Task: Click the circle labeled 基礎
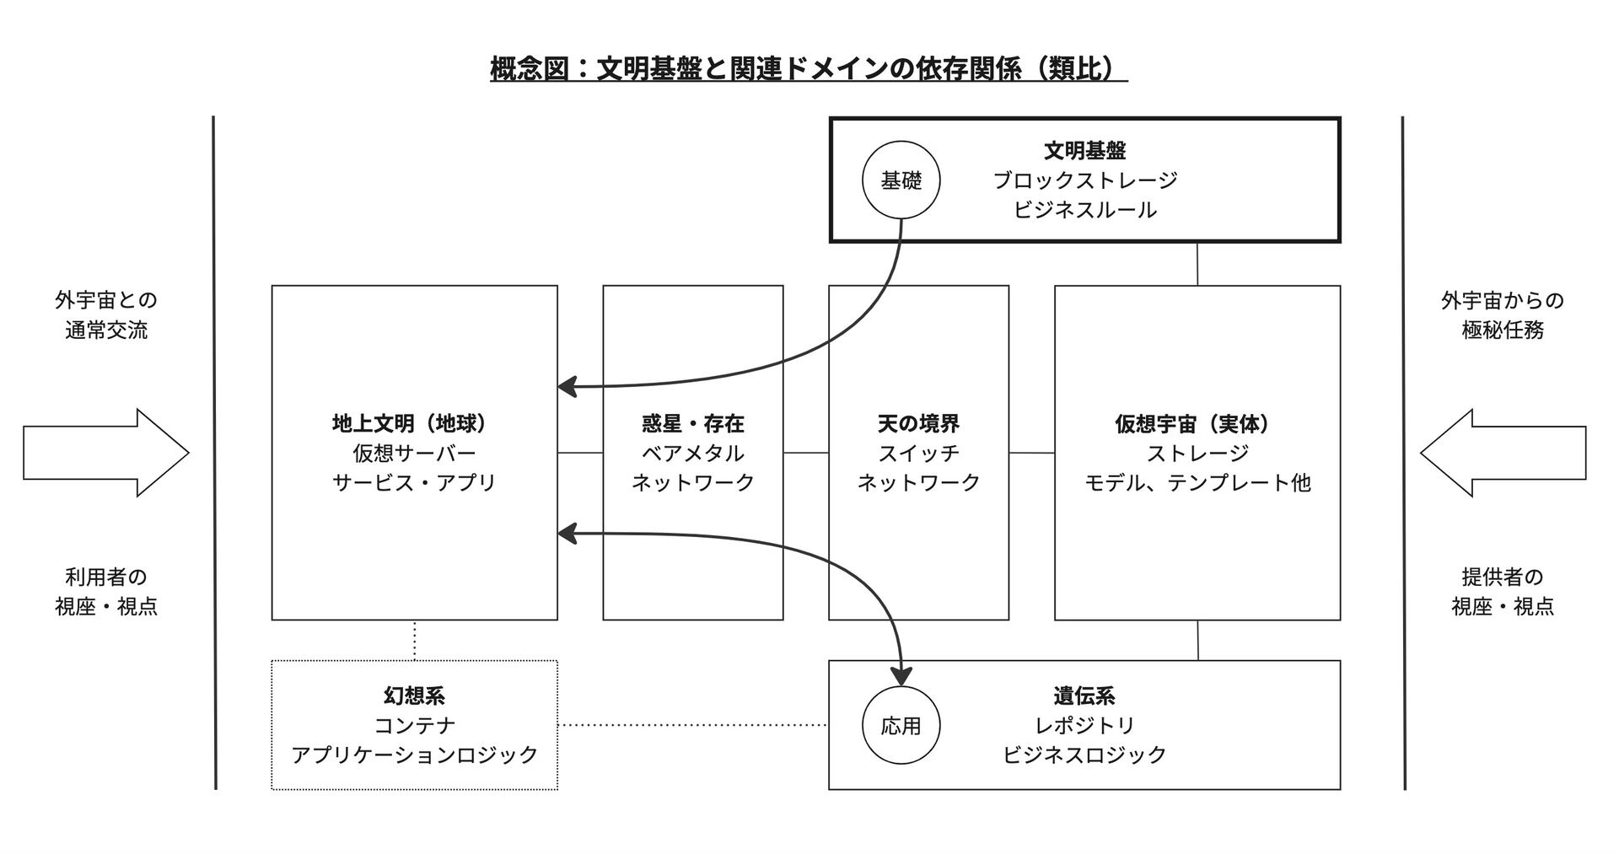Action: pos(901,180)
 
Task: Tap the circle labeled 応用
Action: pos(901,726)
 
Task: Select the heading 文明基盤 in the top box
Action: pos(1084,151)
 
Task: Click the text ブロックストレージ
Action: pos(1084,180)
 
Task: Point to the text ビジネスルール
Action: pos(1084,210)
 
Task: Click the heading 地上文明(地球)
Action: pos(414,423)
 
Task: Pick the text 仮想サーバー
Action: pos(414,453)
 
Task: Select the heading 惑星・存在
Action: pos(692,423)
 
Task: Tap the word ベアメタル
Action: pos(692,453)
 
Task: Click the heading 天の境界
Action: pos(918,423)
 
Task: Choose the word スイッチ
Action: pos(918,453)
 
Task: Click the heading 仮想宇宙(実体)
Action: pos(1197,423)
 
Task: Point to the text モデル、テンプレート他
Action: pos(1197,482)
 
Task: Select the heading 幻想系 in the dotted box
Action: pos(414,696)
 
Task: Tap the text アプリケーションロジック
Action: pos(414,755)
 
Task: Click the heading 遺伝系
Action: pos(1084,696)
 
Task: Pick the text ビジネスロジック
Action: pos(1084,755)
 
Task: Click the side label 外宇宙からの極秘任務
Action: pos(1503,315)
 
